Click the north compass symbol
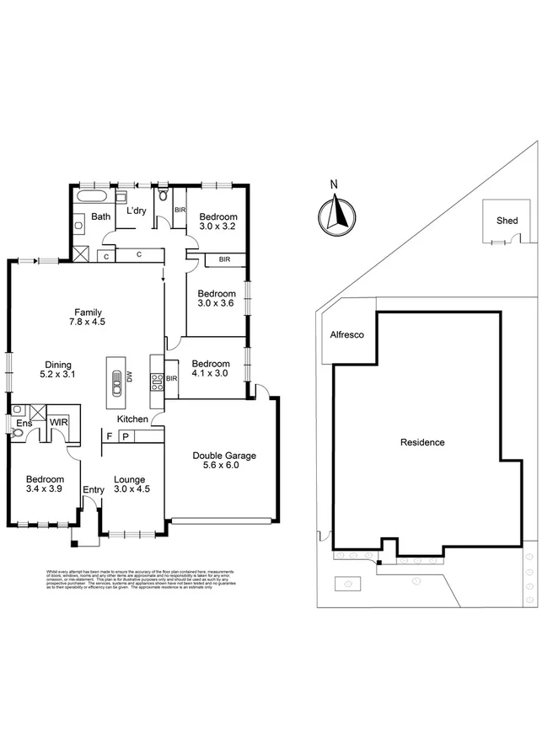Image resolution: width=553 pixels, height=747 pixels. pyautogui.click(x=335, y=211)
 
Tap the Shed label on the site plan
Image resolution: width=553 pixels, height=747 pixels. pyautogui.click(x=507, y=221)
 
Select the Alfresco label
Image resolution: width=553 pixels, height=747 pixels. pyautogui.click(x=346, y=335)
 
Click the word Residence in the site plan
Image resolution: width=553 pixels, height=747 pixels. pyautogui.click(x=421, y=442)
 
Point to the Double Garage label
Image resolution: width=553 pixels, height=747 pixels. pyautogui.click(x=223, y=456)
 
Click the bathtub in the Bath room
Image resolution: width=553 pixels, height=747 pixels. pyautogui.click(x=89, y=198)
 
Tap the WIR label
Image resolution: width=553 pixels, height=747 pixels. pyautogui.click(x=58, y=421)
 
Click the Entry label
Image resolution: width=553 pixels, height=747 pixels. pyautogui.click(x=93, y=488)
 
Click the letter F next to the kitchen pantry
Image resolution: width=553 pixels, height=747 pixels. pyautogui.click(x=109, y=435)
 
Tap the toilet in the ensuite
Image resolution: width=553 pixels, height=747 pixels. pyautogui.click(x=18, y=435)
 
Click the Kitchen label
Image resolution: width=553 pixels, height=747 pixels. pyautogui.click(x=132, y=419)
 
